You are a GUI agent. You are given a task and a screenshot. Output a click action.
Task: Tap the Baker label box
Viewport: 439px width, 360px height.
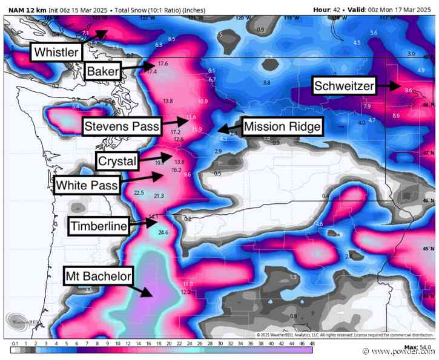103,71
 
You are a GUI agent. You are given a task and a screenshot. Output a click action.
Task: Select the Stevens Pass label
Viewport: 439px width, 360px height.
122,126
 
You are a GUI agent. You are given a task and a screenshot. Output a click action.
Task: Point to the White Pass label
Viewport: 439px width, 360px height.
87,185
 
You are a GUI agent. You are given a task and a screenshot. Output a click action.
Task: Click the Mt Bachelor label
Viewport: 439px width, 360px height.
98,278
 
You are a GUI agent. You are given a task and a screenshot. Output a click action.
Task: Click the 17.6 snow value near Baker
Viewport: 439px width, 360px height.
162,64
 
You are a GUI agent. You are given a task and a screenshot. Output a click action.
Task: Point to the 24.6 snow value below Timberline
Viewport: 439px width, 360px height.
163,232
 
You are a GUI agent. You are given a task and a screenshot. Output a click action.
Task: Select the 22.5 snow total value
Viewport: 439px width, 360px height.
139,192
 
